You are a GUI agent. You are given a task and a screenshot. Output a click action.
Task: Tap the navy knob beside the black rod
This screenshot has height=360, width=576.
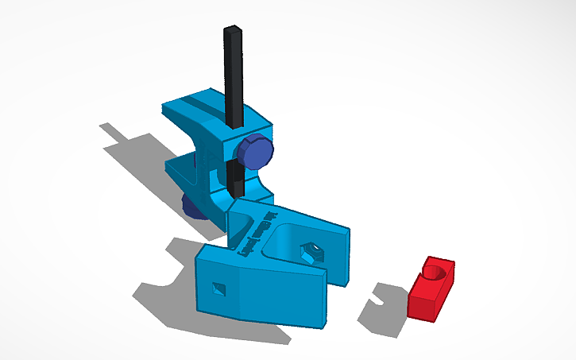click(257, 151)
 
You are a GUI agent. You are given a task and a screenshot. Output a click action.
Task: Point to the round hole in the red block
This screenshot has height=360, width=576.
click(434, 273)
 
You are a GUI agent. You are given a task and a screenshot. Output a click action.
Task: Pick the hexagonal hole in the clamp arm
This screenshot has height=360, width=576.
click(311, 252)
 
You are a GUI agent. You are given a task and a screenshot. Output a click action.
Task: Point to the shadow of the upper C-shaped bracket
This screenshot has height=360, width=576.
click(135, 151)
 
